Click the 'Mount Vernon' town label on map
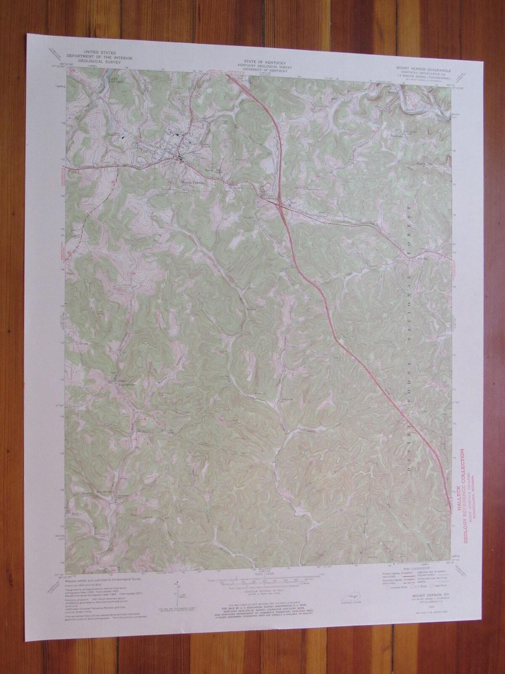coord(192,182)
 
